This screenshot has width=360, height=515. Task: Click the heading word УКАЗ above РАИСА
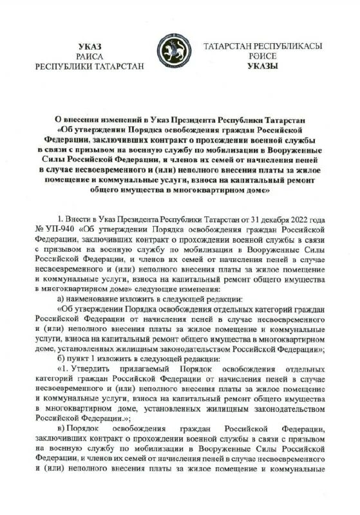[90, 47]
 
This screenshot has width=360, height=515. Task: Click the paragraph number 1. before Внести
[60, 218]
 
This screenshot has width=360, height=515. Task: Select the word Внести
[79, 218]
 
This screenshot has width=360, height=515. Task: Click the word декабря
[284, 218]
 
